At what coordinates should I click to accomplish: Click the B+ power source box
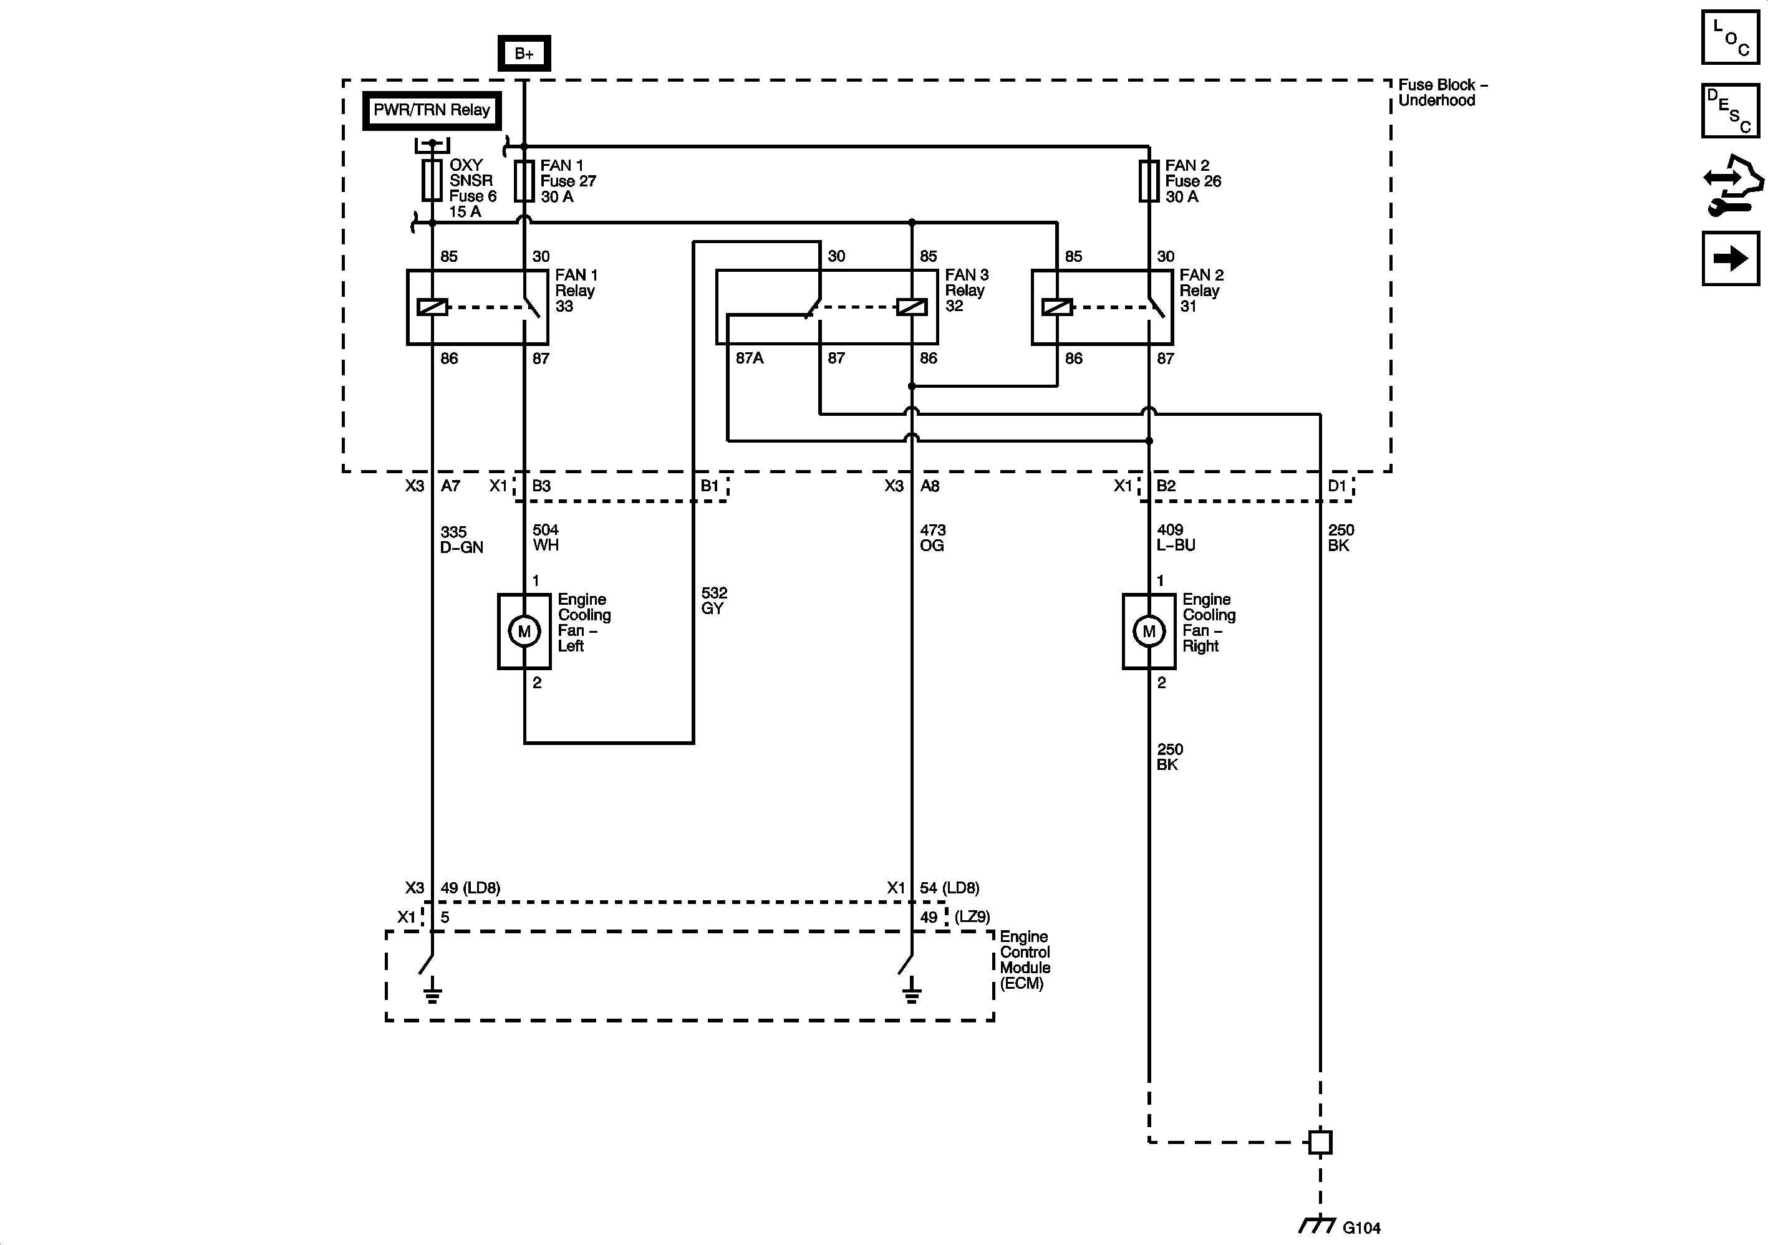pos(524,53)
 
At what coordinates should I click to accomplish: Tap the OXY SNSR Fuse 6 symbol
pos(432,181)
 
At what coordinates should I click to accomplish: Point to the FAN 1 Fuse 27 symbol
pos(524,181)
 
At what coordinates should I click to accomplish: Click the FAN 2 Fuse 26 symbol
pos(1149,181)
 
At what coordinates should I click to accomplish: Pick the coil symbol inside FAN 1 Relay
pos(432,307)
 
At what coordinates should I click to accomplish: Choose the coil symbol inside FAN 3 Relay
pos(912,307)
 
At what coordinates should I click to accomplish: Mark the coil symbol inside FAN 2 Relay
pos(1056,307)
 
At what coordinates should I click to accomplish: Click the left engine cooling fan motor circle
pos(524,632)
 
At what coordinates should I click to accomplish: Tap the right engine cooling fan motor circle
pos(1149,632)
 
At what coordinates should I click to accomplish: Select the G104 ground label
pos(1361,1228)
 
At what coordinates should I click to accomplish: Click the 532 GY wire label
pos(714,600)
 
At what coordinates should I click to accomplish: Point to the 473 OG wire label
pos(932,537)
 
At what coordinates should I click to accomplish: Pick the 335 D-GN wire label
pos(461,540)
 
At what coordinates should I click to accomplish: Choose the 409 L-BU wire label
pos(1176,537)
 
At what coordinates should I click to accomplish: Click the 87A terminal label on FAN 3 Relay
pos(749,358)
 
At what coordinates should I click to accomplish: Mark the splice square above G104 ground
pos(1320,1142)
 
